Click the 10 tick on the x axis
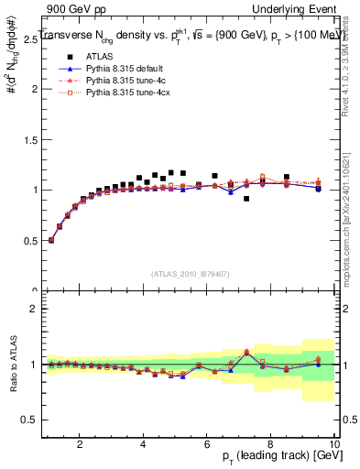(333, 444)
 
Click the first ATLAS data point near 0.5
(51, 240)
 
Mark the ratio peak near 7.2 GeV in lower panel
(246, 352)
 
